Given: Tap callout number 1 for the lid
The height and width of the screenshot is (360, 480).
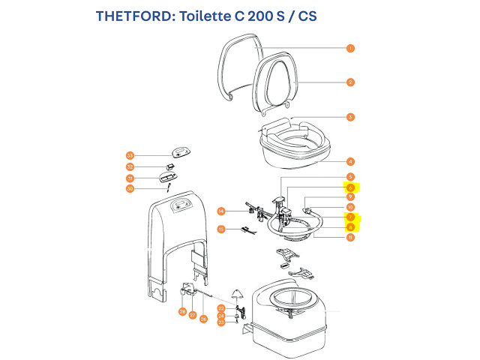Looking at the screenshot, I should pyautogui.click(x=350, y=48).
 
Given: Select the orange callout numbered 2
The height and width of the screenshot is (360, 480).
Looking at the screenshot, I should pyautogui.click(x=350, y=82).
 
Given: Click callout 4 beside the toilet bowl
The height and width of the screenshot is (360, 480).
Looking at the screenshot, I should pyautogui.click(x=350, y=161).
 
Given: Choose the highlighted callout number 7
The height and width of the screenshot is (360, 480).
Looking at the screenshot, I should pyautogui.click(x=350, y=217).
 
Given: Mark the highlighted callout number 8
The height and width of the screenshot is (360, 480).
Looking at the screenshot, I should pyautogui.click(x=350, y=227).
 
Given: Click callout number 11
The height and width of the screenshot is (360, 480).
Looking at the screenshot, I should pyautogui.click(x=350, y=238).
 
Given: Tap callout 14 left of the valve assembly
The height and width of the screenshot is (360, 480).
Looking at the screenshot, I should pyautogui.click(x=221, y=211).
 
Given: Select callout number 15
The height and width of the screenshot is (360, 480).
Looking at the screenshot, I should pyautogui.click(x=221, y=229).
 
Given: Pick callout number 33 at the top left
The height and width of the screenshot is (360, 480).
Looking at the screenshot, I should pyautogui.click(x=130, y=155).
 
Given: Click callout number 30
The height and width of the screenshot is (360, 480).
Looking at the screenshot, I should pyautogui.click(x=130, y=189).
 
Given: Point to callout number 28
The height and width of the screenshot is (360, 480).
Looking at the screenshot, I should pyautogui.click(x=182, y=311).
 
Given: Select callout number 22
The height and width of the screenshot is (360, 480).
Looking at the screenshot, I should pyautogui.click(x=221, y=308).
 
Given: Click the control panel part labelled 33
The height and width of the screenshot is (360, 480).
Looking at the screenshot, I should pyautogui.click(x=182, y=151).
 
